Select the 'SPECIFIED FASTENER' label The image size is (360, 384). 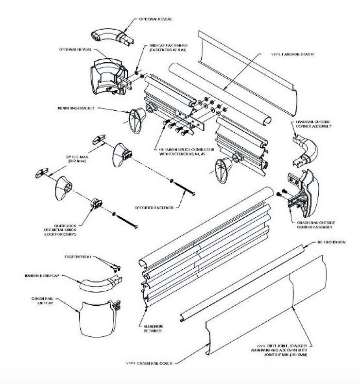point(155,208)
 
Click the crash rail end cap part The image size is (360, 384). point(97,316)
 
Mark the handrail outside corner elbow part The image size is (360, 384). point(305,148)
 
